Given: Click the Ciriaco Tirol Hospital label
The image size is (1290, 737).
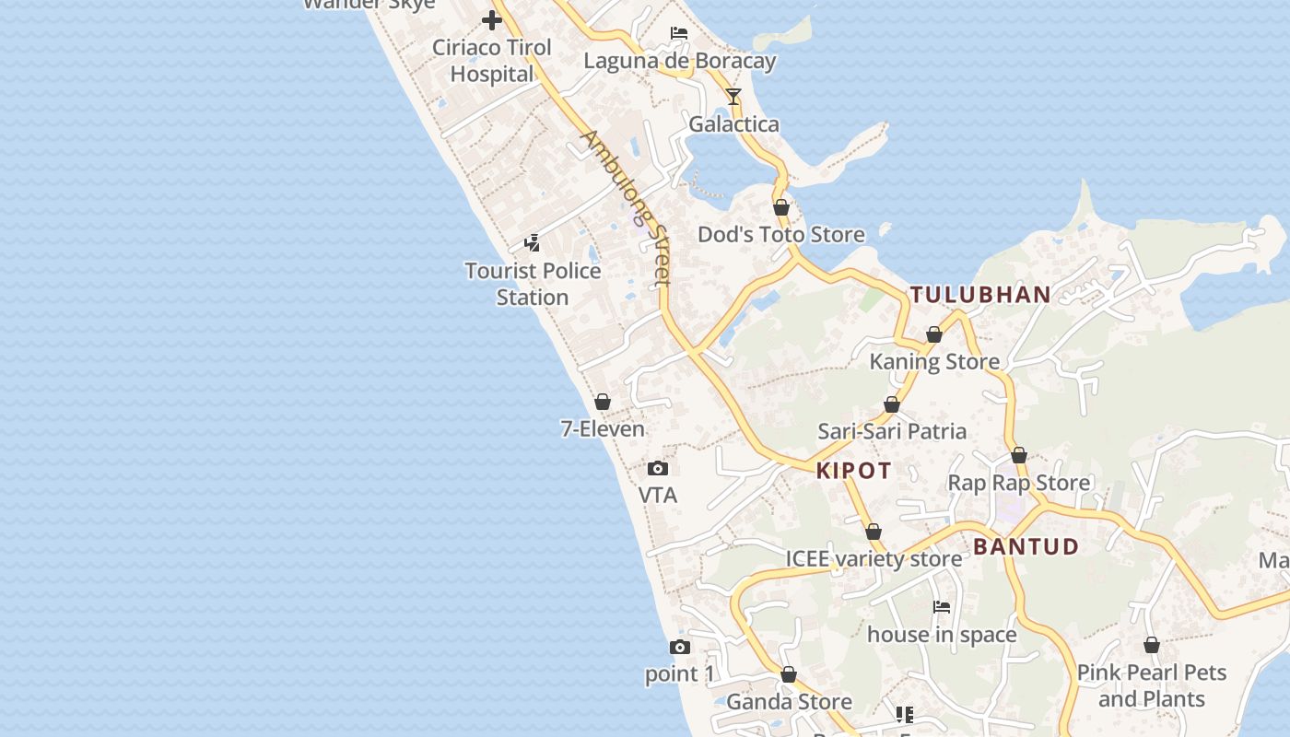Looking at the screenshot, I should coord(492,61).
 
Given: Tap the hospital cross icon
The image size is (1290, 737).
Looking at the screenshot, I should coord(492,19).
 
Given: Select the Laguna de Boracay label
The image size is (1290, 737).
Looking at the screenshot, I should coord(680,61).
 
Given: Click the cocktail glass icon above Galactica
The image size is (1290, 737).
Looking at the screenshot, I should coord(733,96).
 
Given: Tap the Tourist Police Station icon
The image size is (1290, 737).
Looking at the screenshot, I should coord(532,243).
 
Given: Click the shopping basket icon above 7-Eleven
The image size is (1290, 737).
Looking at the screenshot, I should coord(603,402).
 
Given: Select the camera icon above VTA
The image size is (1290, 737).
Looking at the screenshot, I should coord(658,468).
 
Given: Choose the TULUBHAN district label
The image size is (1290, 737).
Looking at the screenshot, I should coord(980,295).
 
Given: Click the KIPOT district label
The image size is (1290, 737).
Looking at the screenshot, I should coord(854,471).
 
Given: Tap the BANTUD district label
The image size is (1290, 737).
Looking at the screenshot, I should coord(1026,546).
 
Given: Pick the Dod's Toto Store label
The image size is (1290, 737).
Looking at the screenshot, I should coord(781,235).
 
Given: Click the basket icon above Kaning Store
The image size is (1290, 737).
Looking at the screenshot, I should coord(934,334).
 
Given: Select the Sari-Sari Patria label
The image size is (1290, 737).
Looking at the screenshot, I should coord(892,431).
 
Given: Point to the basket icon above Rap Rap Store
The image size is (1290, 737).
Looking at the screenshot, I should coord(1019,455).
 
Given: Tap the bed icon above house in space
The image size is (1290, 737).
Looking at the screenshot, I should coord(942,607).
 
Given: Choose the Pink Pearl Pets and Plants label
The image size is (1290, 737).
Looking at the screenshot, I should coord(1152,685).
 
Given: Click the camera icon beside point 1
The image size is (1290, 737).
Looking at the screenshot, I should coord(680,647).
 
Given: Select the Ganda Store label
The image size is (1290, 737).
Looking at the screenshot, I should coord(789,702).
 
